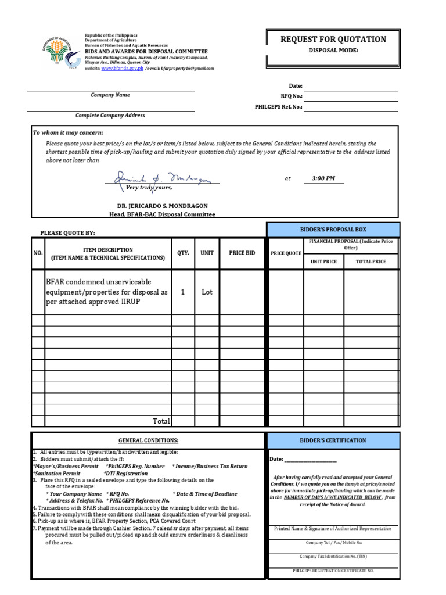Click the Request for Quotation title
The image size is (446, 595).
(333, 40)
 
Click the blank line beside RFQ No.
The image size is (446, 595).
(351, 96)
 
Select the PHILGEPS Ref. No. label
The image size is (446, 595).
(278, 107)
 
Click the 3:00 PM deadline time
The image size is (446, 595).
(323, 178)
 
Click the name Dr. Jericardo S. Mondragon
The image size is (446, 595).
(163, 206)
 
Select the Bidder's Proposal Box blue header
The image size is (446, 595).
(333, 230)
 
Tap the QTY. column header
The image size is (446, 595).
(182, 253)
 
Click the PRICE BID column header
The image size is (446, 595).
(242, 253)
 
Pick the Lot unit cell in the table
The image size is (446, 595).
(207, 292)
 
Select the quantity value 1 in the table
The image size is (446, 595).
(182, 292)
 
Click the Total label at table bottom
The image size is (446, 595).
(161, 421)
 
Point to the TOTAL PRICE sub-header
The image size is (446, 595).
(371, 261)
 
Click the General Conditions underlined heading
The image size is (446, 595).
(149, 440)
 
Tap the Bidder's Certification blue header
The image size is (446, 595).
(333, 440)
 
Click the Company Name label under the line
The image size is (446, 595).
(110, 95)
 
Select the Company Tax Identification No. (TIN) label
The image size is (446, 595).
(333, 556)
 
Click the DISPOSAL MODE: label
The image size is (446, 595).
(333, 51)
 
